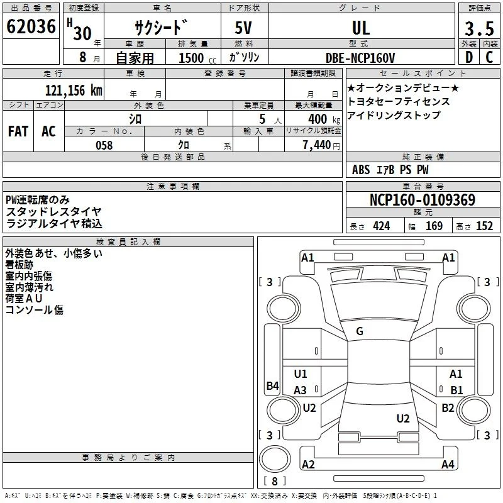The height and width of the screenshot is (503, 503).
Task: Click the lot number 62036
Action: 31,26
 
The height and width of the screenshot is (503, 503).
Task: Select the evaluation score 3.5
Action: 479,28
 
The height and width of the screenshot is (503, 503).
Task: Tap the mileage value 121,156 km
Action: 74,91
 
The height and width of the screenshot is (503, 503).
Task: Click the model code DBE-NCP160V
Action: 360,58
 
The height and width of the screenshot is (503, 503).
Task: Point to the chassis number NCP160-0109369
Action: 423,199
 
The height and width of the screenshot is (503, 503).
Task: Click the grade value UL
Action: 361,28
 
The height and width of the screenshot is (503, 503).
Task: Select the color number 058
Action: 104,145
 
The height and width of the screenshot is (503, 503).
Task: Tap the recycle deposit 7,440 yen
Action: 321,145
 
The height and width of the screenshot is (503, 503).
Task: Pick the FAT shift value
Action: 18,131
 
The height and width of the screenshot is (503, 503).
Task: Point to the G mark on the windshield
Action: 360,331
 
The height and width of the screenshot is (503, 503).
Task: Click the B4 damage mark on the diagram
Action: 273,385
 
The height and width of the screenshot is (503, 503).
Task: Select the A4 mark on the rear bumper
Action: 448,464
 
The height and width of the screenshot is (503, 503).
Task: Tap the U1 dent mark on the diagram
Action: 301,373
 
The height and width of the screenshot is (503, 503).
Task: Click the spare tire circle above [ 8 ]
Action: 275,459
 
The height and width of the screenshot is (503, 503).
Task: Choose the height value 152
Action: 484,226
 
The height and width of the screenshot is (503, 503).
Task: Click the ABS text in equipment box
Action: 361,170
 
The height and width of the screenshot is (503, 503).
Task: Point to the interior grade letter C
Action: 489,57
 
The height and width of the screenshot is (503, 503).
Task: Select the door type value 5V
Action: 243,28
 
